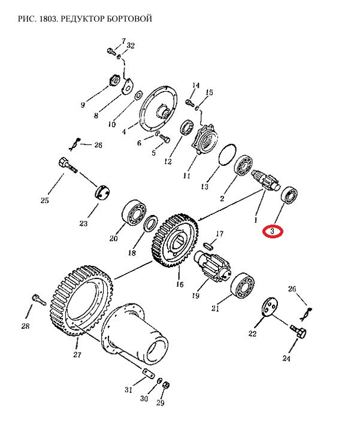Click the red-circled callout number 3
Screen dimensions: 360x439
(x=272, y=232)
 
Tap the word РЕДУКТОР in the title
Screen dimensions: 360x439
(x=84, y=19)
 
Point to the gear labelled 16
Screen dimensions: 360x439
(x=176, y=241)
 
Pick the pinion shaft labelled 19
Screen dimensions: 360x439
(x=212, y=266)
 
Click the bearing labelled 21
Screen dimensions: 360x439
(x=243, y=285)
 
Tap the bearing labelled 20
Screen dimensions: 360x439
(x=134, y=213)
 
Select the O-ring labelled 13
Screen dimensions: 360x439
(x=227, y=155)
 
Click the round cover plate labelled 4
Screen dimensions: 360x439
(x=159, y=108)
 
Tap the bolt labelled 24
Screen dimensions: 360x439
(x=298, y=331)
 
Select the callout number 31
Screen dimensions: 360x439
(x=128, y=389)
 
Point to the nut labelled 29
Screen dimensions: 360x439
(x=165, y=384)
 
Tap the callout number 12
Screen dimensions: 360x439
(x=168, y=162)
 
